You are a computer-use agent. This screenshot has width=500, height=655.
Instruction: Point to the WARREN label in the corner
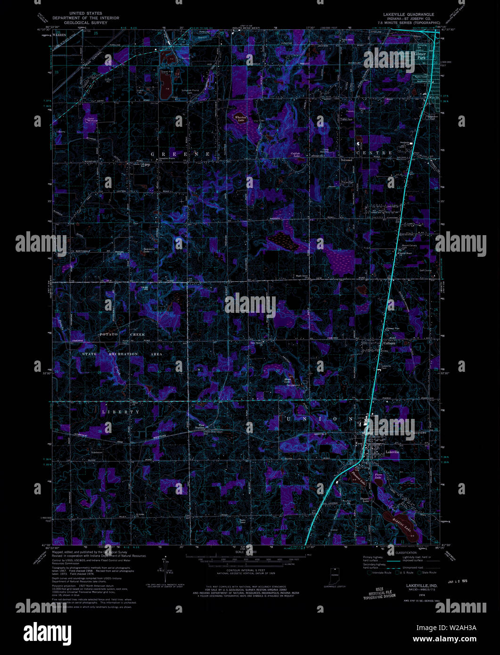coord(60,35)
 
